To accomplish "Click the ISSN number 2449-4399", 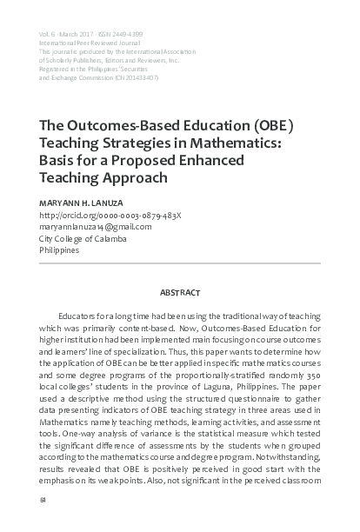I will (129, 34).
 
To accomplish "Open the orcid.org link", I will (110, 214).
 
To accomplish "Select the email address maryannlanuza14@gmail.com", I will (96, 226).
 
